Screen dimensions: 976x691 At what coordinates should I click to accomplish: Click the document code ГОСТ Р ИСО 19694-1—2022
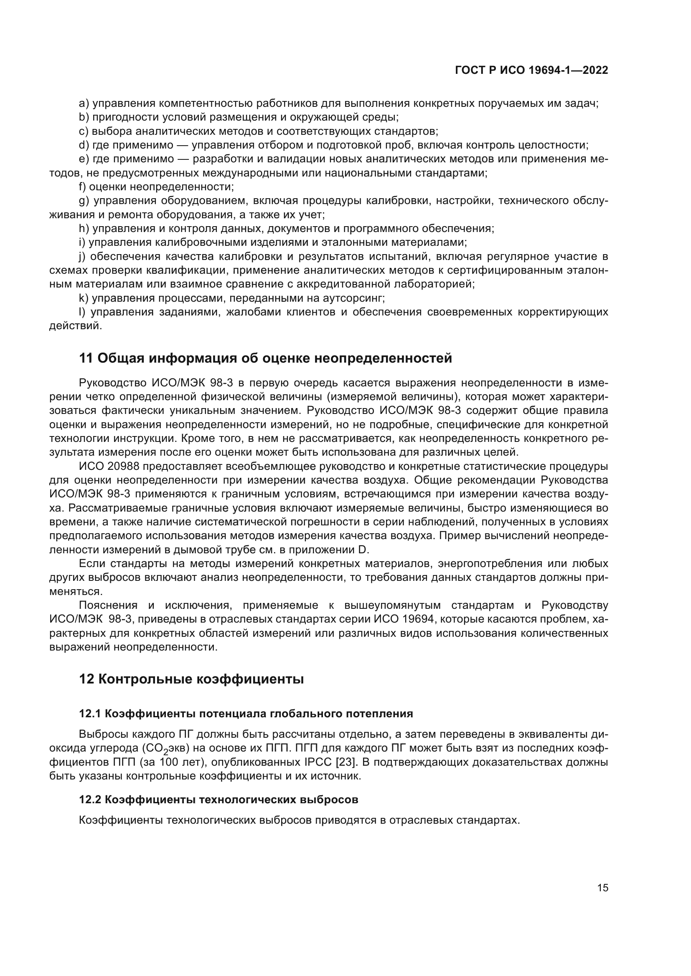tap(531, 70)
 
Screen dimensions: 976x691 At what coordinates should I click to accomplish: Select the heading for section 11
tap(266, 358)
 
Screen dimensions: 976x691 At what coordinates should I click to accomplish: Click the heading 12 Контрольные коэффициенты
tap(191, 679)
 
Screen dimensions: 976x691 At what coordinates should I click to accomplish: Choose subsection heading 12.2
tap(218, 799)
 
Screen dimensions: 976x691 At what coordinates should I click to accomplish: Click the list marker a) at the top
tap(84, 103)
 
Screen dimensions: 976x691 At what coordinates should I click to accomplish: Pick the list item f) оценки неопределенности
tap(157, 187)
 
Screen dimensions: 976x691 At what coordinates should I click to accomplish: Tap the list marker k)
tap(84, 298)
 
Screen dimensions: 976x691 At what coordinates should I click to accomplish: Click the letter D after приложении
tap(363, 550)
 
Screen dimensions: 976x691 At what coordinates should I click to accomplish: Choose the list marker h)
tap(84, 228)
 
